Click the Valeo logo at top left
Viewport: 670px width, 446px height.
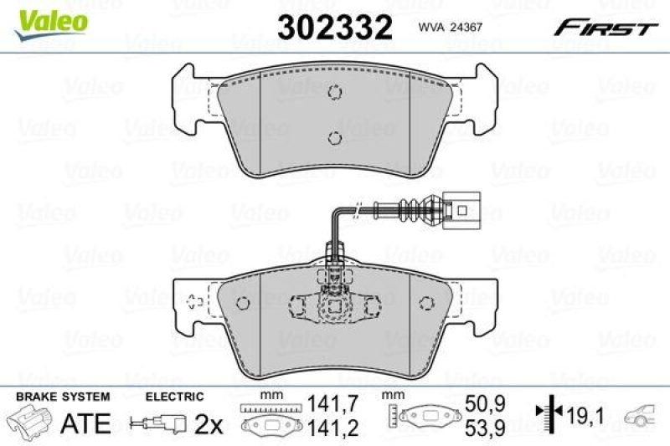(53, 18)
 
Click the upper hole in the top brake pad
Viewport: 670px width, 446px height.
(334, 93)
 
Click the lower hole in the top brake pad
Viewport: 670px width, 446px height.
(334, 138)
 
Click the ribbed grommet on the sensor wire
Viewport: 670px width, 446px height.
(415, 206)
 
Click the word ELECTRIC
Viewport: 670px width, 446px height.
(174, 396)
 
